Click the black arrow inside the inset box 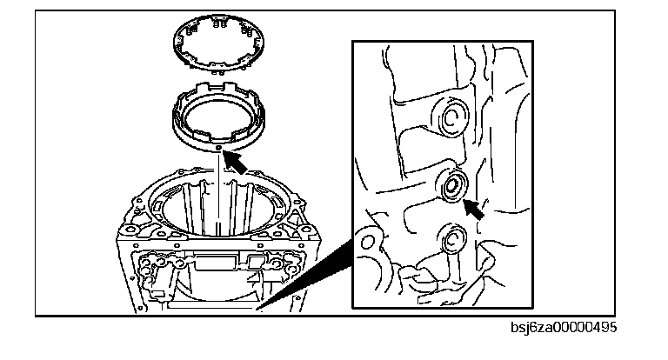coord(474,208)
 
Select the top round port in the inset coord(451,117)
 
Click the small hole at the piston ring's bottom coord(217,149)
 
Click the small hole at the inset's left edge coord(366,238)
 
